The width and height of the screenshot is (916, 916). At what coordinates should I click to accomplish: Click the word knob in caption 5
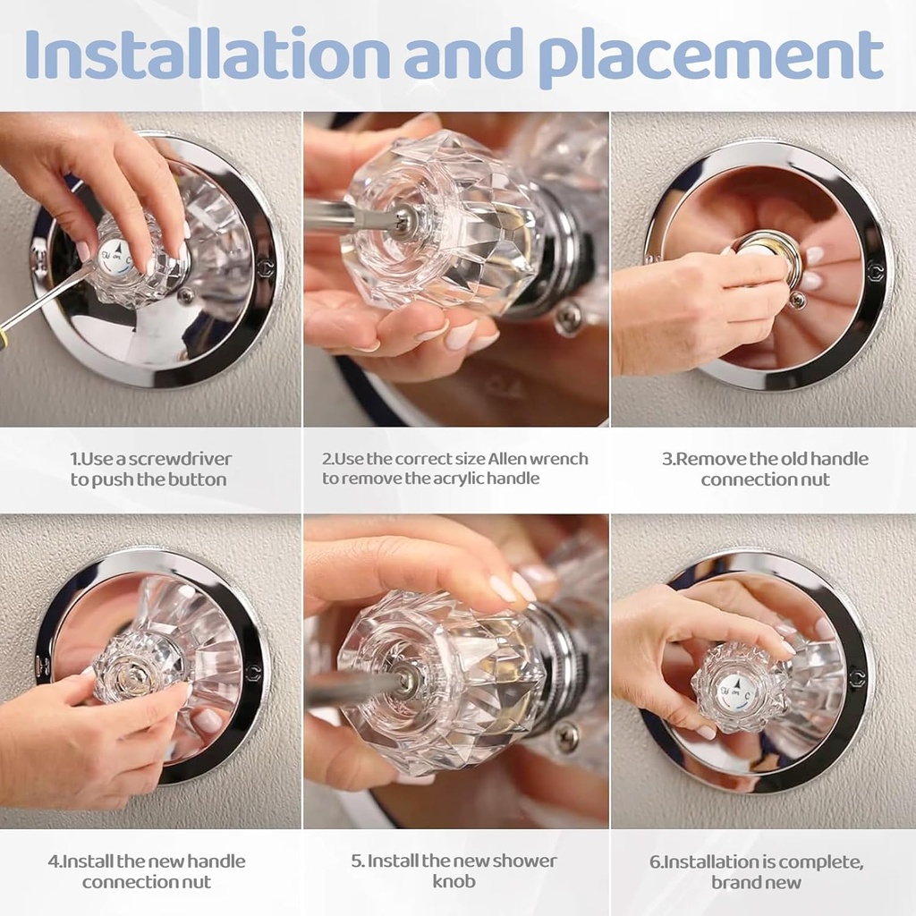pyautogui.click(x=454, y=881)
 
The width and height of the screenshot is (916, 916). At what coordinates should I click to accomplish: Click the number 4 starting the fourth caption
pyautogui.click(x=52, y=861)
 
